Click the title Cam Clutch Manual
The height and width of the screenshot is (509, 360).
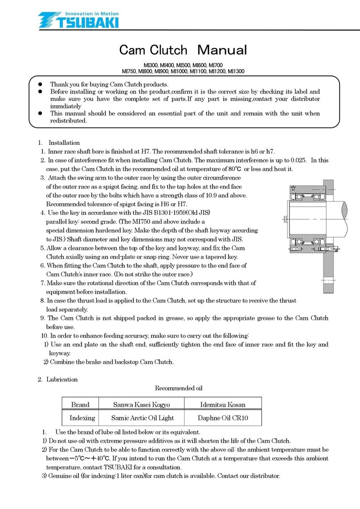pos(183,49)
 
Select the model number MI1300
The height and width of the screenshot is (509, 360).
pos(236,71)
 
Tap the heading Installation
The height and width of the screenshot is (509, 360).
pos(64,143)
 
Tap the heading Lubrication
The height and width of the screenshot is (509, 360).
pos(62,379)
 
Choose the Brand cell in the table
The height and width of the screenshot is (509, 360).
pos(80,405)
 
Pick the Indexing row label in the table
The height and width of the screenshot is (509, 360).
pos(82,418)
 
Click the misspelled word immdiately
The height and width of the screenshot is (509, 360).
pos(65,106)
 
